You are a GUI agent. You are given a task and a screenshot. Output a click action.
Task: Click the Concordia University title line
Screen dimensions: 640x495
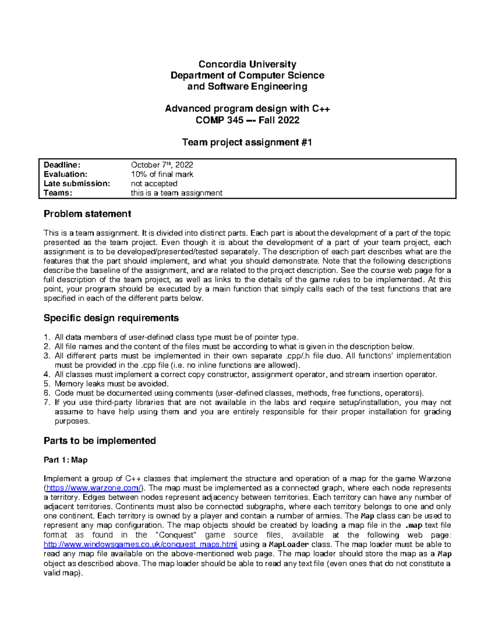[247, 64]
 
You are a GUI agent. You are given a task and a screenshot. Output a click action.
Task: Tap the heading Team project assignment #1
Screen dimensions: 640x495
[247, 143]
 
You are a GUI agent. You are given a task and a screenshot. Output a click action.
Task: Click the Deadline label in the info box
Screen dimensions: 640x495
[59, 165]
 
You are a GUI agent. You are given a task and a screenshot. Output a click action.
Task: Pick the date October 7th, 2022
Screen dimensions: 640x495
[162, 165]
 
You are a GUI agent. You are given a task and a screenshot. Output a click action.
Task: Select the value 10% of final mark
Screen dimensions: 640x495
[162, 174]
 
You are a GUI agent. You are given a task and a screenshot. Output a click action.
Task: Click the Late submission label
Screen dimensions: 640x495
[77, 184]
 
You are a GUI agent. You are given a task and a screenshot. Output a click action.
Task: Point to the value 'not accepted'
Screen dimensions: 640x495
[154, 184]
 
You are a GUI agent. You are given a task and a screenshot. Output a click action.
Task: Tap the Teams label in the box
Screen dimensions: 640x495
[58, 193]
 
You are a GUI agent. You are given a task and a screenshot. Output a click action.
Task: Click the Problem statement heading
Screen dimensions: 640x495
[87, 214]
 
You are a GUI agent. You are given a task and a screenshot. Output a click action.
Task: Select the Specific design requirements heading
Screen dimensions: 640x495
[111, 318]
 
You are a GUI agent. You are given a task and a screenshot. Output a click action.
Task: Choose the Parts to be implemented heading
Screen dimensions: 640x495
[99, 441]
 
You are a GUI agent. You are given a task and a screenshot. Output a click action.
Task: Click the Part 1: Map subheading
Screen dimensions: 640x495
[66, 460]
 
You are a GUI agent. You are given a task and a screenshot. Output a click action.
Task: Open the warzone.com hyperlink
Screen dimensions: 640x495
[94, 488]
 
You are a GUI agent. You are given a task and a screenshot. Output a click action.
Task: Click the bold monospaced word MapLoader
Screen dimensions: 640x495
[288, 545]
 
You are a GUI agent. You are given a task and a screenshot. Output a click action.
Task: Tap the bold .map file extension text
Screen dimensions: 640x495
[414, 525]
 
